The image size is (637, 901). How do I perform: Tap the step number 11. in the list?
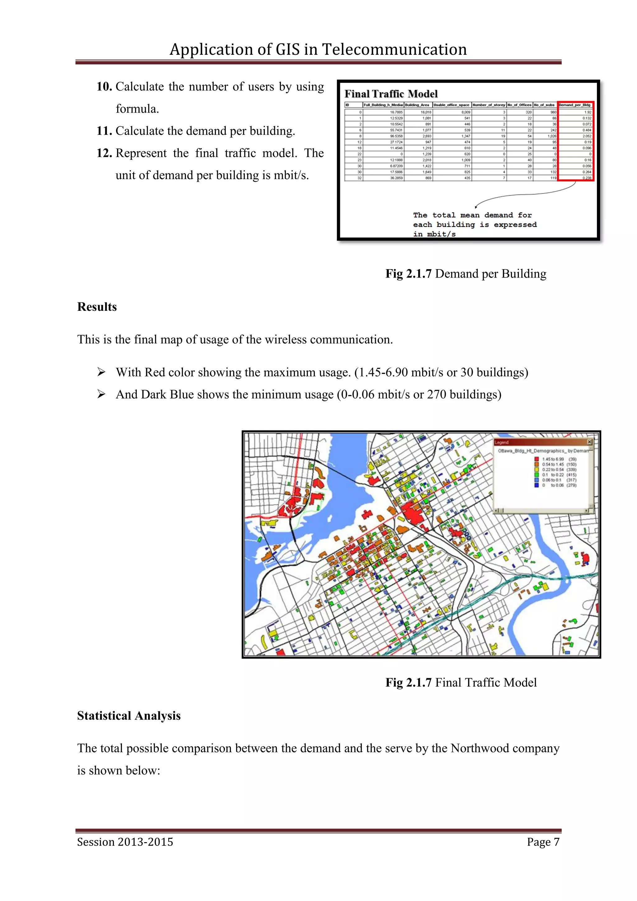click(104, 131)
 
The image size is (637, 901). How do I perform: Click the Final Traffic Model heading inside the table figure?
click(391, 94)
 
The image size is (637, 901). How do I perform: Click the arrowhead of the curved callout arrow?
click(476, 207)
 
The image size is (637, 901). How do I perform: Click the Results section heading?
click(97, 307)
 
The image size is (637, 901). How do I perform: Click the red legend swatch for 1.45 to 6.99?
click(537, 459)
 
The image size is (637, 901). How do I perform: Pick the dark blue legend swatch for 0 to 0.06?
click(537, 485)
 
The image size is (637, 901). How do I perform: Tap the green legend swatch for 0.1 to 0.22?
click(537, 475)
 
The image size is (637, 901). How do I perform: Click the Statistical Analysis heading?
click(129, 716)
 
